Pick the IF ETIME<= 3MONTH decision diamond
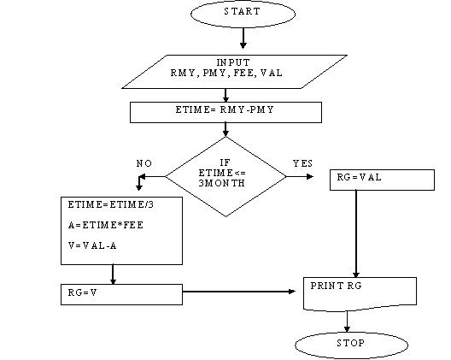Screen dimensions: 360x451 tap(225, 172)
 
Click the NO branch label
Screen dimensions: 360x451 tap(145, 163)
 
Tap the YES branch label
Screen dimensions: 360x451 tap(302, 162)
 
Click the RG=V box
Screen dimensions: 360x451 tap(120, 293)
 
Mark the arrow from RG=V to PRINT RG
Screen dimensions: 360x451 tap(243, 292)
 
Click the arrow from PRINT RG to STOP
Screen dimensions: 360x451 tap(348, 322)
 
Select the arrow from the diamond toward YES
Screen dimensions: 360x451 tap(301, 176)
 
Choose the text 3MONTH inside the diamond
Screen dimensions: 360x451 tap(226, 182)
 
